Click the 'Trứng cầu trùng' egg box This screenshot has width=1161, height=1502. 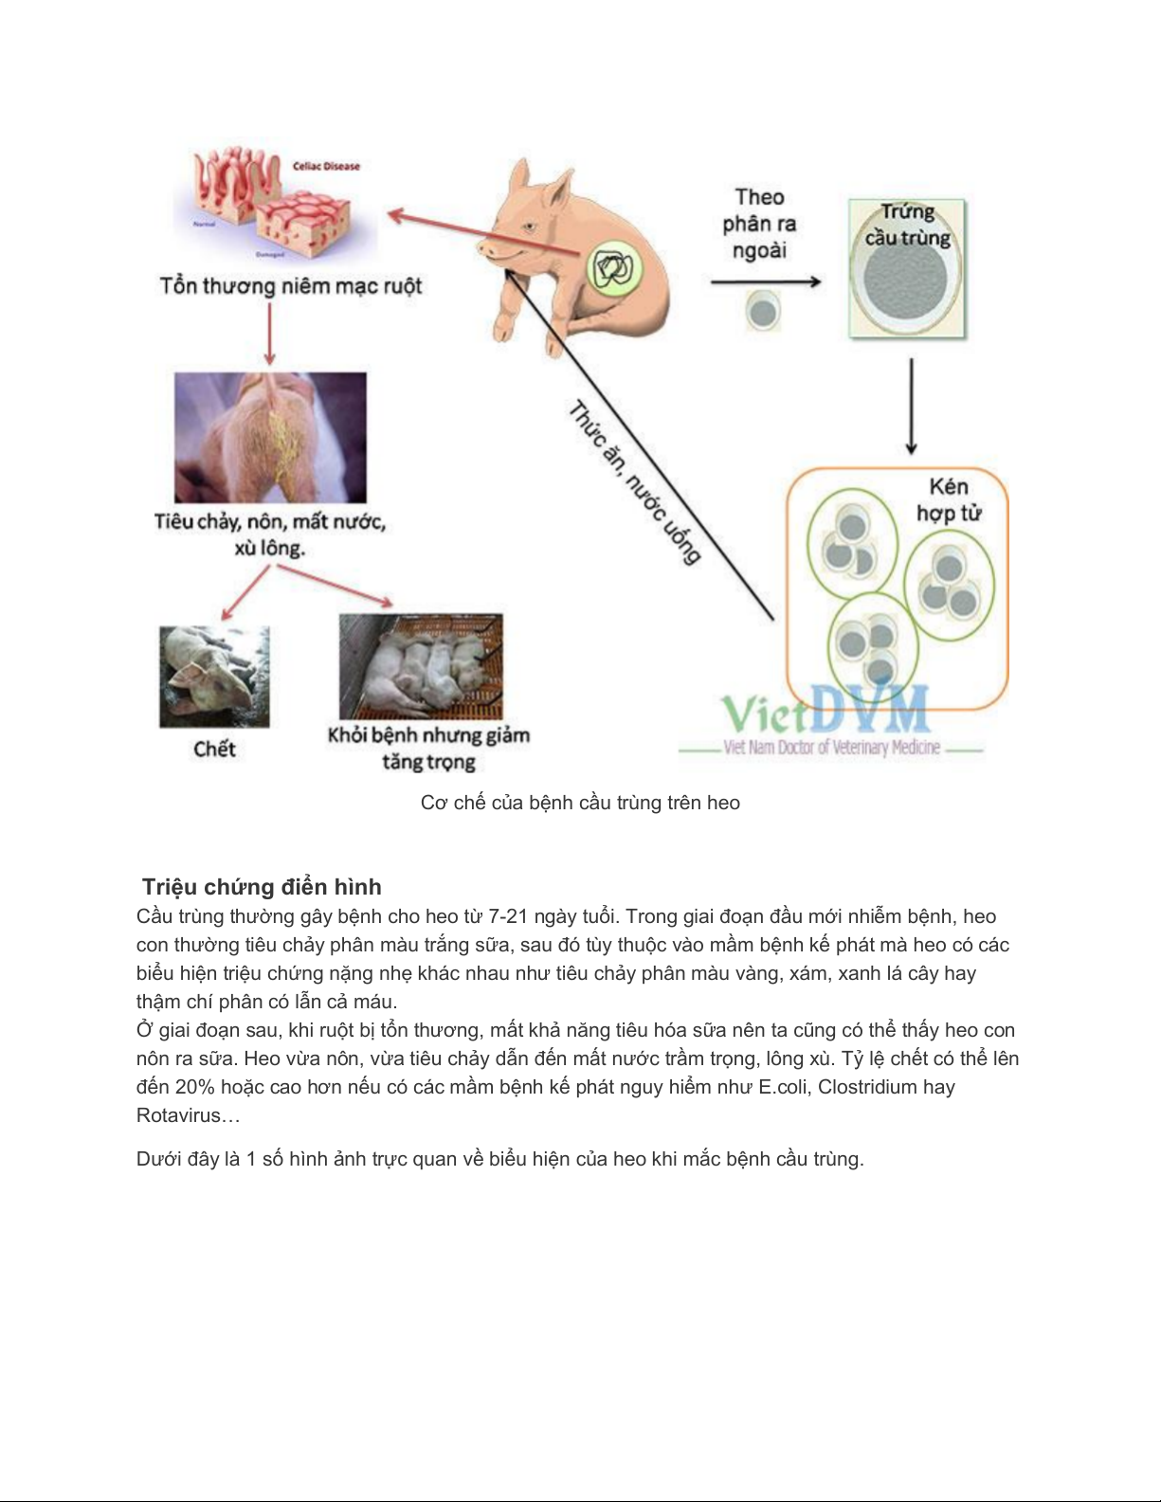907,269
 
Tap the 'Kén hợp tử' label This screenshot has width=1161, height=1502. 948,499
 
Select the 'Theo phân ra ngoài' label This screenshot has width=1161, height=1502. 759,224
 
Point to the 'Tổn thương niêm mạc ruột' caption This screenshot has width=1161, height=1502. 290,285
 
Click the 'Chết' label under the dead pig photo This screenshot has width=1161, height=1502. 214,749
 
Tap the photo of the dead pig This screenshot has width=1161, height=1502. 214,676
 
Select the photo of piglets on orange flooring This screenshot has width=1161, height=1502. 421,666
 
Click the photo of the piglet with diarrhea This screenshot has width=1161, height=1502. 270,437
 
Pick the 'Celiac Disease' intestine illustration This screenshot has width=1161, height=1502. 275,204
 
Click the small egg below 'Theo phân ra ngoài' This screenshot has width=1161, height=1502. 763,311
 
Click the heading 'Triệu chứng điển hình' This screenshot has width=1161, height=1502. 262,887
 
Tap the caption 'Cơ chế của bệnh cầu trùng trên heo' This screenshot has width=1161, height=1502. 580,803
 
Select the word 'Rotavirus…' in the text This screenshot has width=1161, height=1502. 189,1115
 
